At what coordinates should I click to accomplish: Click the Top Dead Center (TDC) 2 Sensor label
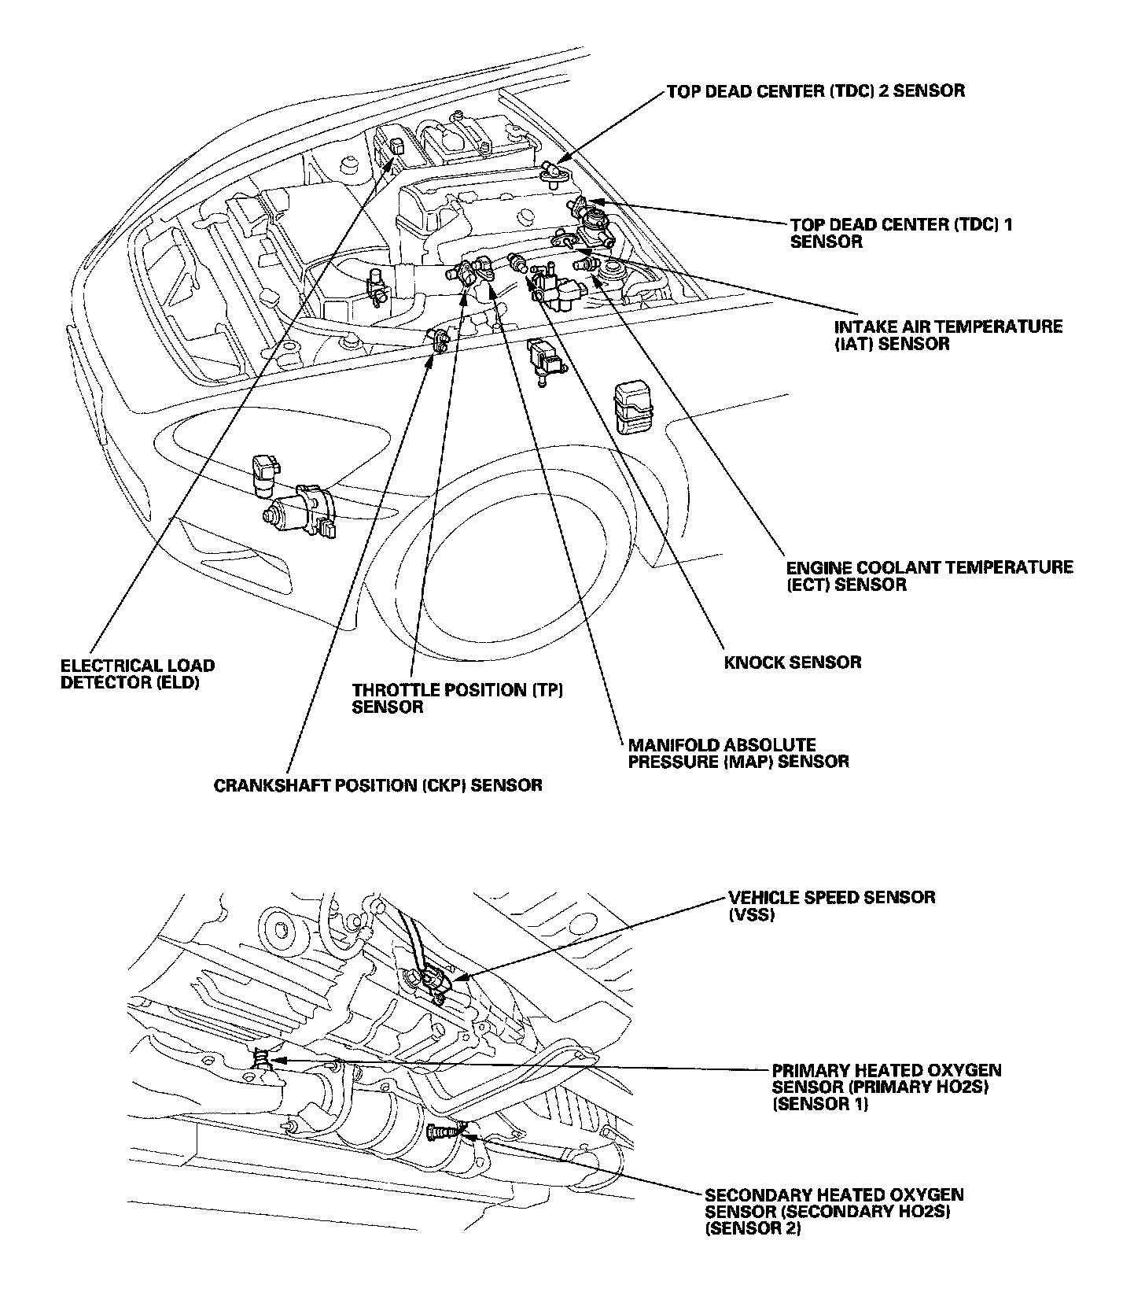tap(815, 90)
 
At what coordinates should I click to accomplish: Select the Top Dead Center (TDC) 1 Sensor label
tap(901, 233)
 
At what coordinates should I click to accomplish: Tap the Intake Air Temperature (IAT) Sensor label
tap(948, 335)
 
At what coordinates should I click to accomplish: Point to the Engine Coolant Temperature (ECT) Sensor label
tap(930, 576)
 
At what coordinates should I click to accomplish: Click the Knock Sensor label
tap(792, 662)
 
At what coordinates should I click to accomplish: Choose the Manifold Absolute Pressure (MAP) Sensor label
tap(738, 753)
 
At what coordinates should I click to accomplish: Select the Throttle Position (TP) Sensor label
tap(458, 698)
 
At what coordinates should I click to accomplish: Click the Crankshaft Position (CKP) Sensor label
tap(378, 785)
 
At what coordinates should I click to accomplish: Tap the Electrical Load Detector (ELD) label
tap(137, 674)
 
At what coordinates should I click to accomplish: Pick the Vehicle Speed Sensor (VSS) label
tap(831, 906)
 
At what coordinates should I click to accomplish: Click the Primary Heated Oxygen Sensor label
tap(886, 1087)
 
